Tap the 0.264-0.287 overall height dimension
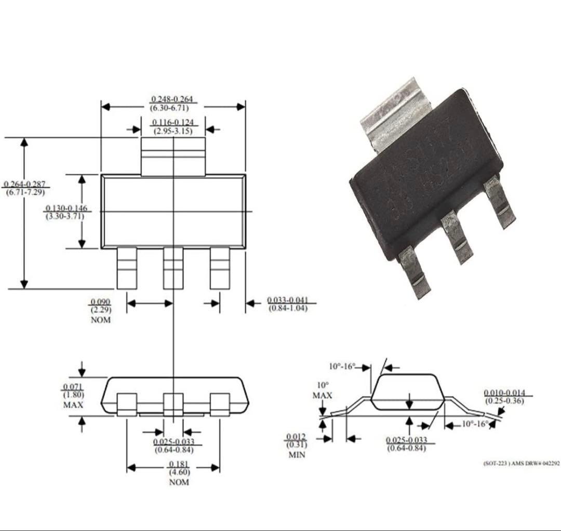coord(24,188)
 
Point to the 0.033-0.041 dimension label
coord(288,304)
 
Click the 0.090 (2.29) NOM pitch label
coord(101,311)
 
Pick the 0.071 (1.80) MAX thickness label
coord(73,396)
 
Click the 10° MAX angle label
coord(323,390)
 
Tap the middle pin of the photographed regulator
coord(457,236)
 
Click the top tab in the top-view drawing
coord(173,156)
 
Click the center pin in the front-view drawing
coord(173,404)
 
